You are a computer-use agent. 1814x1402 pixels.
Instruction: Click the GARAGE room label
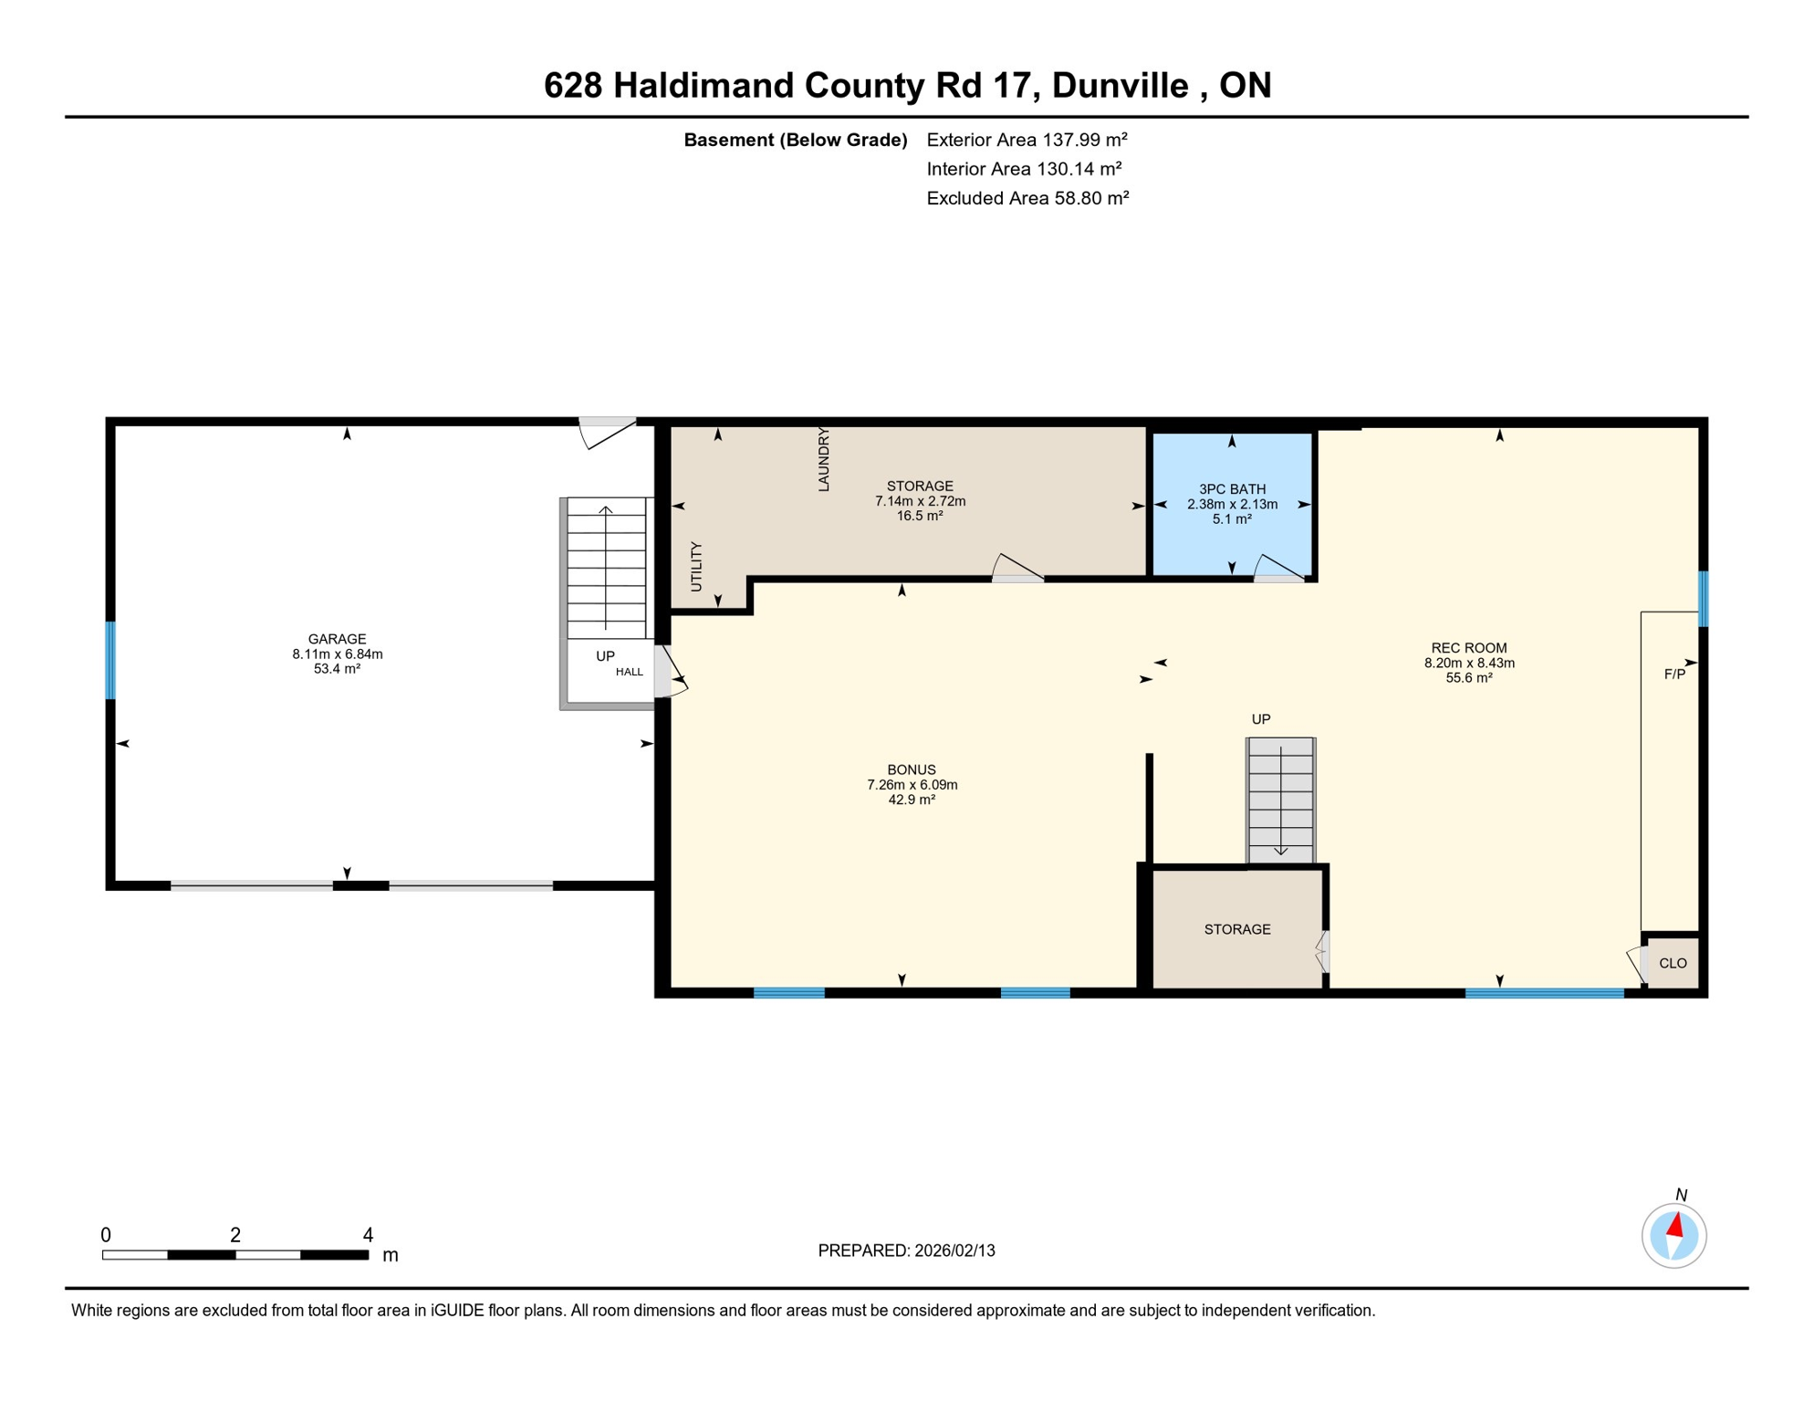[337, 639]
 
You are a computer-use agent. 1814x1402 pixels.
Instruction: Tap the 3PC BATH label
[1232, 489]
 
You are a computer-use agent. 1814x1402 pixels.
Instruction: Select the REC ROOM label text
[1468, 648]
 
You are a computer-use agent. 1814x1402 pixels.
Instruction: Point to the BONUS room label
[911, 769]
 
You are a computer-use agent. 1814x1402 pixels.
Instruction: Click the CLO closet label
[1673, 963]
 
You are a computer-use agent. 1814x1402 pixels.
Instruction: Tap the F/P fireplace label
[1674, 675]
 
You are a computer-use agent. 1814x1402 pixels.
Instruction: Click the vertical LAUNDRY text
[824, 460]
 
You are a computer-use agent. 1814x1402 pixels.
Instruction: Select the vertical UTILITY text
[696, 567]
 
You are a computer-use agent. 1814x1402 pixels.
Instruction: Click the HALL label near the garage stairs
[629, 672]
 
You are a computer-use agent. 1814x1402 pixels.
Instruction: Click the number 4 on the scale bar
[368, 1235]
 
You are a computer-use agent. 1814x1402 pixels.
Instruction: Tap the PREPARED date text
[906, 1250]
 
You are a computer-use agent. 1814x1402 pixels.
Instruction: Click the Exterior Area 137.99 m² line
[1027, 140]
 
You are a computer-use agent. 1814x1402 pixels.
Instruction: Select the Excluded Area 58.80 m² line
[1027, 198]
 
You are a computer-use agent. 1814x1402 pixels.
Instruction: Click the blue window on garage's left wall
[110, 660]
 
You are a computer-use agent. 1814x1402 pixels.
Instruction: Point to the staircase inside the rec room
[1280, 800]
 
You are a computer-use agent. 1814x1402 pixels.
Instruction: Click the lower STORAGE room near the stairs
[1236, 929]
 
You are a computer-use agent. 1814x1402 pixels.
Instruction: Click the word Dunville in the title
[1120, 85]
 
